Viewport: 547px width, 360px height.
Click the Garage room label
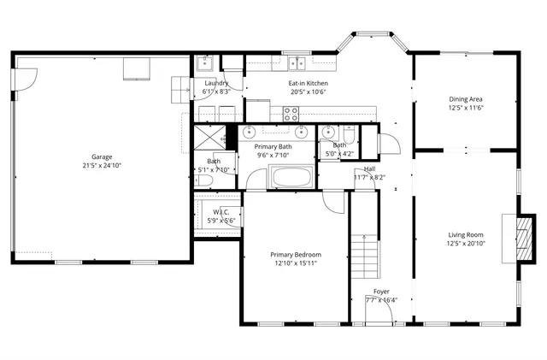(x=103, y=156)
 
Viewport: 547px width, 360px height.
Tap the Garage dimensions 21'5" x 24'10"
(x=103, y=165)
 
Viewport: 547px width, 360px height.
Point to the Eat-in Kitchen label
(x=308, y=83)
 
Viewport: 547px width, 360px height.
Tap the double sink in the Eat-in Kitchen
(x=297, y=62)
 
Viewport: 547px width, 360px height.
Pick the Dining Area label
(x=466, y=99)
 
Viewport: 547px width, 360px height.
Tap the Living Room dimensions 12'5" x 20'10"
(x=466, y=243)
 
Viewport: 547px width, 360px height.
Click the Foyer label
(x=381, y=292)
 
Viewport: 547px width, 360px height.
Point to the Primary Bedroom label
(x=294, y=255)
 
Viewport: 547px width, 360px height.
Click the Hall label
(x=370, y=168)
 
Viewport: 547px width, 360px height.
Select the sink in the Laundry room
(x=205, y=62)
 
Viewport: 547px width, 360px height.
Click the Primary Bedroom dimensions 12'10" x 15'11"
(x=294, y=263)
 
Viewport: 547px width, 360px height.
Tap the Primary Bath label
(x=274, y=146)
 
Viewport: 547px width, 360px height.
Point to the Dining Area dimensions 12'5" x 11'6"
(x=466, y=108)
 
